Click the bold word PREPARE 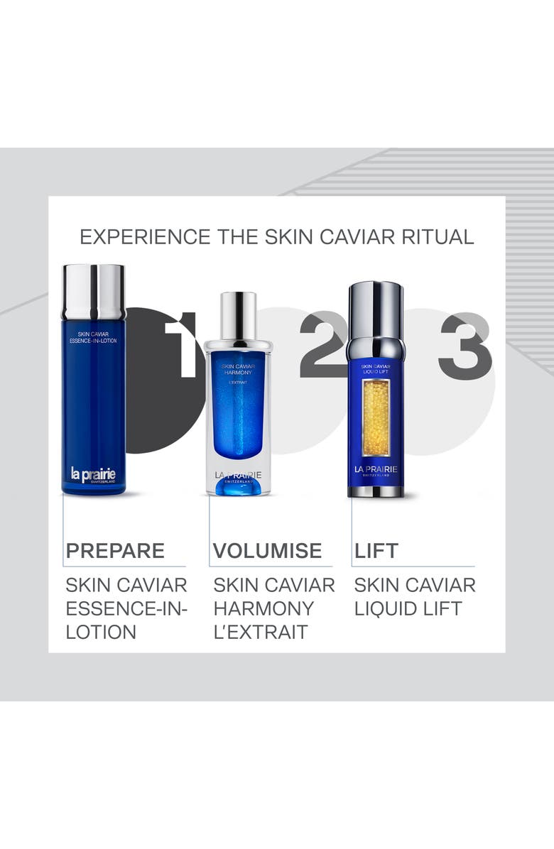pyautogui.click(x=115, y=551)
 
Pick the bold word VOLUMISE pyautogui.click(x=268, y=551)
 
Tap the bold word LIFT pyautogui.click(x=376, y=551)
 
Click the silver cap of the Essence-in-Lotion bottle pyautogui.click(x=93, y=292)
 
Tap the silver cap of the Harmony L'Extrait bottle pyautogui.click(x=238, y=315)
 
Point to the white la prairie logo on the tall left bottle pyautogui.click(x=93, y=473)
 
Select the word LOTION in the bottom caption pyautogui.click(x=101, y=632)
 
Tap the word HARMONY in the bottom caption pyautogui.click(x=264, y=608)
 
